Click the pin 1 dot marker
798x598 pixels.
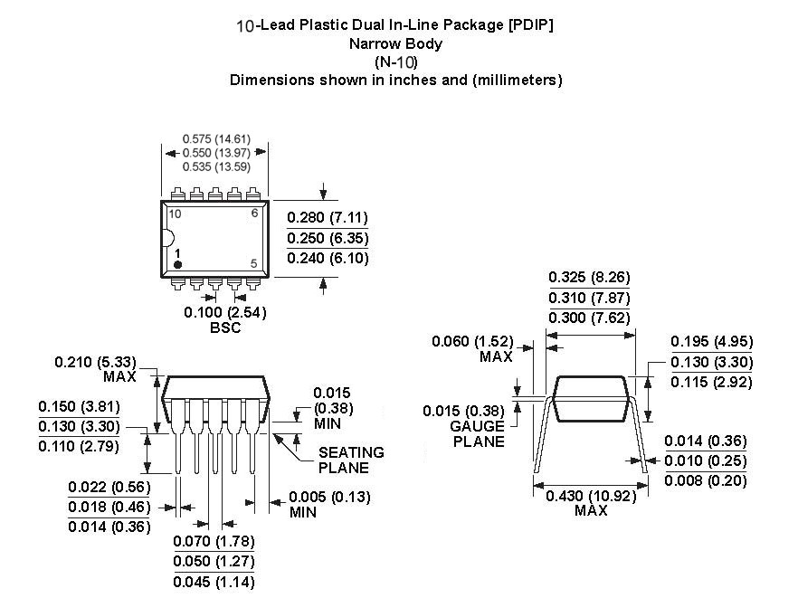[178, 264]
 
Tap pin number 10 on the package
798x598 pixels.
[175, 214]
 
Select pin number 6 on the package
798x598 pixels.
[254, 214]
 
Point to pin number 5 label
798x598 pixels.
[254, 263]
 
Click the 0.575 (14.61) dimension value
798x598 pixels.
[216, 139]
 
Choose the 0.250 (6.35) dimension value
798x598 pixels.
[328, 238]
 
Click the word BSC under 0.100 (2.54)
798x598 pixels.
[224, 327]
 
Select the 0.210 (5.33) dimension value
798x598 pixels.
[97, 362]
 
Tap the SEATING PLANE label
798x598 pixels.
[350, 460]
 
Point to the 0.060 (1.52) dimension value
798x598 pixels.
[472, 341]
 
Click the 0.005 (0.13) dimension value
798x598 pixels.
[329, 497]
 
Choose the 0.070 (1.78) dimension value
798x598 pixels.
[214, 541]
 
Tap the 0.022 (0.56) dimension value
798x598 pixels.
[109, 488]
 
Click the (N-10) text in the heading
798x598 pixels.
[395, 62]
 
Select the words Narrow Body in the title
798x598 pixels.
[395, 43]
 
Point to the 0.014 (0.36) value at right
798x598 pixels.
[705, 441]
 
